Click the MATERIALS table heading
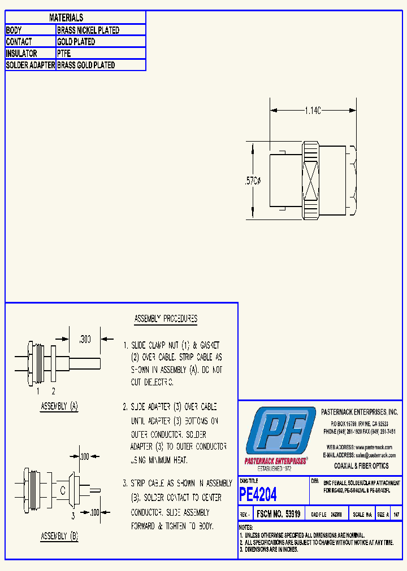point(66,18)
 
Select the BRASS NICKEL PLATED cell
point(88,30)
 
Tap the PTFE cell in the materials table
point(64,54)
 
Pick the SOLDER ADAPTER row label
point(31,65)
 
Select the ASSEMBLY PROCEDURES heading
point(166,319)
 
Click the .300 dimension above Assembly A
point(84,340)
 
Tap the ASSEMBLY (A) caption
point(59,406)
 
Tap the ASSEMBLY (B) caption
point(59,537)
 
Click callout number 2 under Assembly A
point(53,390)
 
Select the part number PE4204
point(258,495)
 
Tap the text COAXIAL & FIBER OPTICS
point(361,466)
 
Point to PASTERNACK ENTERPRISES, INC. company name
point(359,412)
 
